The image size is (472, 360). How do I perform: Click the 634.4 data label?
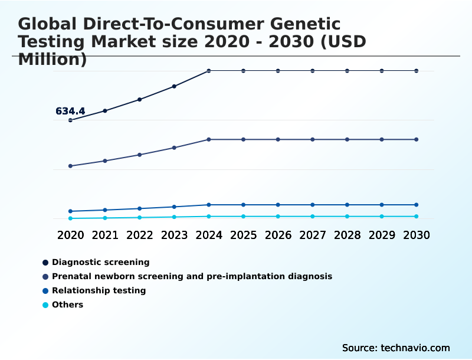coord(70,111)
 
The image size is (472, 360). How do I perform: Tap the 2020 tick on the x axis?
coord(70,235)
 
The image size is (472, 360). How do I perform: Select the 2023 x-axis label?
coord(174,235)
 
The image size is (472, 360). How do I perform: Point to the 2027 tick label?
coord(313,235)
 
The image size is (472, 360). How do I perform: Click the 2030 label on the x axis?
coord(416,235)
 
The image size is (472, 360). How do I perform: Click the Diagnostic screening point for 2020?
coord(70,120)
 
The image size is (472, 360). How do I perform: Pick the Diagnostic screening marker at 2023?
coord(174,86)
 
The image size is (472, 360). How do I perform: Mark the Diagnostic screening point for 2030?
coord(416,71)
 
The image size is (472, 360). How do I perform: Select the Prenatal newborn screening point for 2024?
coord(209,139)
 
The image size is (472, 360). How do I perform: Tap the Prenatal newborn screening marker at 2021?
coord(105,161)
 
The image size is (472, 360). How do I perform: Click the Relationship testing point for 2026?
coord(278,205)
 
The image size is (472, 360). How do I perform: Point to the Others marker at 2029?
coord(382,217)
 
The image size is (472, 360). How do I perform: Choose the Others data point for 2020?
coord(70,218)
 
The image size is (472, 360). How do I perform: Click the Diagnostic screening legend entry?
coord(100,262)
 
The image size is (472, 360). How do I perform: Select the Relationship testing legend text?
coord(99,290)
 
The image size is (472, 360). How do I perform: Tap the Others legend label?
coord(67,305)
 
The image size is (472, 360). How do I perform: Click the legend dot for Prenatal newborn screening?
coord(45,276)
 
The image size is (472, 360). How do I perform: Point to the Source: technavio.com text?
coord(396,348)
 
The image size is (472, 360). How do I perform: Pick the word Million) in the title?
coord(53,60)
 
